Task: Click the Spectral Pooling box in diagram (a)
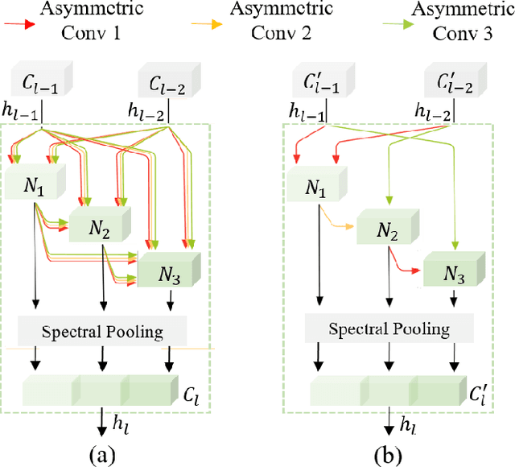pyautogui.click(x=102, y=330)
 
